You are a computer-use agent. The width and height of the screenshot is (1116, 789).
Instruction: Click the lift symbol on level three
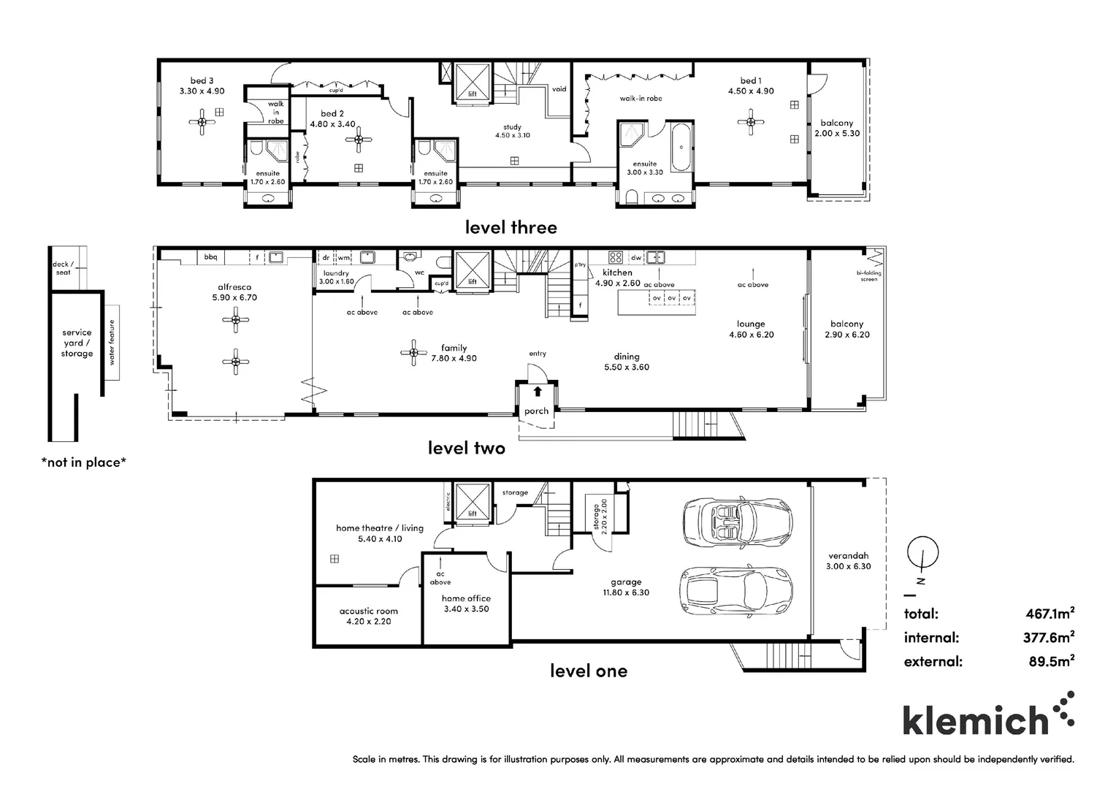472,81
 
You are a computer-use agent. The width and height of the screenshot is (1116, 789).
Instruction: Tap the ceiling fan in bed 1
750,122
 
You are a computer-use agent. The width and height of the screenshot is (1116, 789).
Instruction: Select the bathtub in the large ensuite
680,147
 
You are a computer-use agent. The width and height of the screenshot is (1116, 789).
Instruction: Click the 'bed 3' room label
202,81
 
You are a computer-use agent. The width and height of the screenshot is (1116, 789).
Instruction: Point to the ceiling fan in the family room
413,353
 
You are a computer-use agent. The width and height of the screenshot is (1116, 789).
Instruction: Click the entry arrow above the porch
538,391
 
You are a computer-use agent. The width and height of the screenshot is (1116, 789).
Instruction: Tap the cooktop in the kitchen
615,257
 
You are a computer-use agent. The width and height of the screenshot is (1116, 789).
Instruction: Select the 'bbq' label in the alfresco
211,257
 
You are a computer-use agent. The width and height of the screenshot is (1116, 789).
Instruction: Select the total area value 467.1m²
1050,614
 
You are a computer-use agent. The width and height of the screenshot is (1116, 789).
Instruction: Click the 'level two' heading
466,448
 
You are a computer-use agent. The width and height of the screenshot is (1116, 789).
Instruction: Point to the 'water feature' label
112,342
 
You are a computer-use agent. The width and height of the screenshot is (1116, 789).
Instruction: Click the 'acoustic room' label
369,611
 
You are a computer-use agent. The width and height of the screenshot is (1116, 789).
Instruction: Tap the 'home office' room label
466,598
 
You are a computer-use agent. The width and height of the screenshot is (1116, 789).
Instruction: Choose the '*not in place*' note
84,462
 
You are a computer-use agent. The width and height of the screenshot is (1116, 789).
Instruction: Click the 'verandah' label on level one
848,555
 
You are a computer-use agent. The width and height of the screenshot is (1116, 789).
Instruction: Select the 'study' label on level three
512,127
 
